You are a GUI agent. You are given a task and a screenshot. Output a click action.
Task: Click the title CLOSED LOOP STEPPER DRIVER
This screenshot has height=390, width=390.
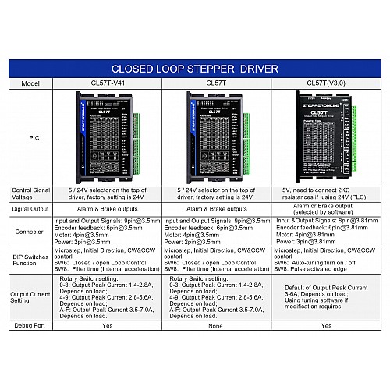coord(194,68)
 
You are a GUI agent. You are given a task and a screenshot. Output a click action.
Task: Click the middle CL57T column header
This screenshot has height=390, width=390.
coord(216,83)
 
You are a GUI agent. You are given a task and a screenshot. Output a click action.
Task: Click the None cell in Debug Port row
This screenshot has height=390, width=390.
coord(216,325)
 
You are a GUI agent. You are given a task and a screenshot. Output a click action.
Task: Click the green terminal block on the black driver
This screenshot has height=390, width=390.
coord(353,140)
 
